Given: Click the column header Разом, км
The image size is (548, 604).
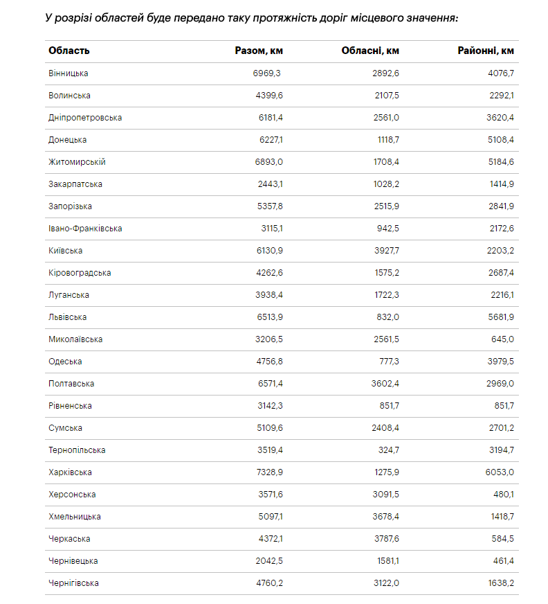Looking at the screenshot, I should point(259,51).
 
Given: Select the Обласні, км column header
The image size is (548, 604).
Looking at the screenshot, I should point(370,51).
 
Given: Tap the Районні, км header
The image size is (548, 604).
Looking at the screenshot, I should point(486,51).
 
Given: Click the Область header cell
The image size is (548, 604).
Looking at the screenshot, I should point(69,51).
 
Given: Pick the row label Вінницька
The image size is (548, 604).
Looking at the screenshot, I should point(68,73).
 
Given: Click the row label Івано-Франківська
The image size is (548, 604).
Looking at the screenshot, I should point(85,229).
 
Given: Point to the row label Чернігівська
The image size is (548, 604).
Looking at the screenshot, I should point(73,583).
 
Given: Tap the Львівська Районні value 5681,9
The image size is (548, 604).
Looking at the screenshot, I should point(500,317).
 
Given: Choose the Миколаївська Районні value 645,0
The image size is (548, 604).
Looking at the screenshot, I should point(502,339).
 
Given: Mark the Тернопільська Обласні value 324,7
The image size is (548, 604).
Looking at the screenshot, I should point(387,450).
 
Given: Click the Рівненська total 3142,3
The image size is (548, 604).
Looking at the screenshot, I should point(269,406).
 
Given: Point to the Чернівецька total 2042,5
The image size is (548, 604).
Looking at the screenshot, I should point(269,561).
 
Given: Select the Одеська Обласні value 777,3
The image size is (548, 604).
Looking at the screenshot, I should point(387,362).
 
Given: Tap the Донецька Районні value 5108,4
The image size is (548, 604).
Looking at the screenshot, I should point(500,140).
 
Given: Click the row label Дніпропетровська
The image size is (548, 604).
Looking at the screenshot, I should point(85,118).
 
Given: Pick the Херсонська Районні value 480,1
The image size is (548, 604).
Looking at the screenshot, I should point(503,495).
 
